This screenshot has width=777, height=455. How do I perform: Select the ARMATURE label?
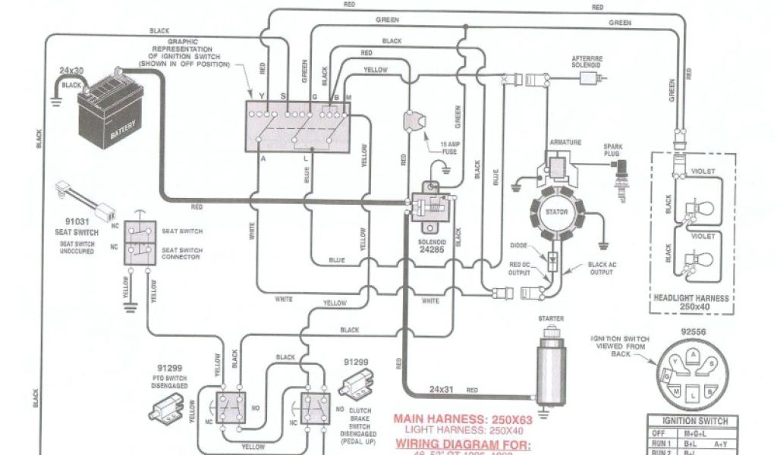coord(565,141)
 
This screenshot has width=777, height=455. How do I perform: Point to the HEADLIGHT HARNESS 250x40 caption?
coord(691,303)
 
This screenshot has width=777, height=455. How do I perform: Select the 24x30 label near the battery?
coord(71,71)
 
